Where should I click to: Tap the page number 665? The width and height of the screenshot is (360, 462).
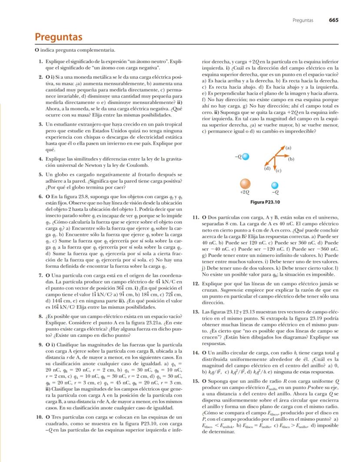pos(334,20)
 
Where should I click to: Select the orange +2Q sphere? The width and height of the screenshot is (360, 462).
pos(245,183)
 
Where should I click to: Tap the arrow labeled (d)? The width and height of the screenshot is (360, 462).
pos(269,163)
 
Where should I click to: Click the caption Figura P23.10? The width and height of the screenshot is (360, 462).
pos(265,202)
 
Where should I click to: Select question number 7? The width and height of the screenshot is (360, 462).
pos(40,276)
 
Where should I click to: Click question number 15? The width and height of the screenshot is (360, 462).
pos(195,381)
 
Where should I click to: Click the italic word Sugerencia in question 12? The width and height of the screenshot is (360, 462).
pos(229,289)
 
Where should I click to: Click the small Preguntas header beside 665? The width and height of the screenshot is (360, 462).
pos(303,20)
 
